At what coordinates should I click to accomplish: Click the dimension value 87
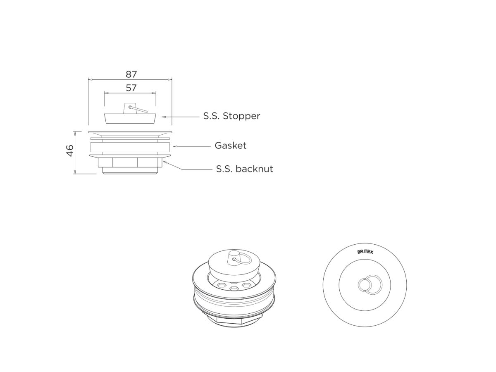pos(131,74)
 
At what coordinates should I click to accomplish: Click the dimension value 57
pos(131,88)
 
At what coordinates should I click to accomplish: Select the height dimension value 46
pos(70,150)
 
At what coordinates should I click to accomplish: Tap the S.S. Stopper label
pos(231,116)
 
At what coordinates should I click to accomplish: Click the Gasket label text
pos(230,145)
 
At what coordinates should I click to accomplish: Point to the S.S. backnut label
pos(244,169)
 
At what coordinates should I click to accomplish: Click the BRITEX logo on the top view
pos(365,252)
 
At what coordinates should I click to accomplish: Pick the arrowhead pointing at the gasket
pos(174,146)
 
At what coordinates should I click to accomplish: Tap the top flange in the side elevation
pos(130,133)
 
